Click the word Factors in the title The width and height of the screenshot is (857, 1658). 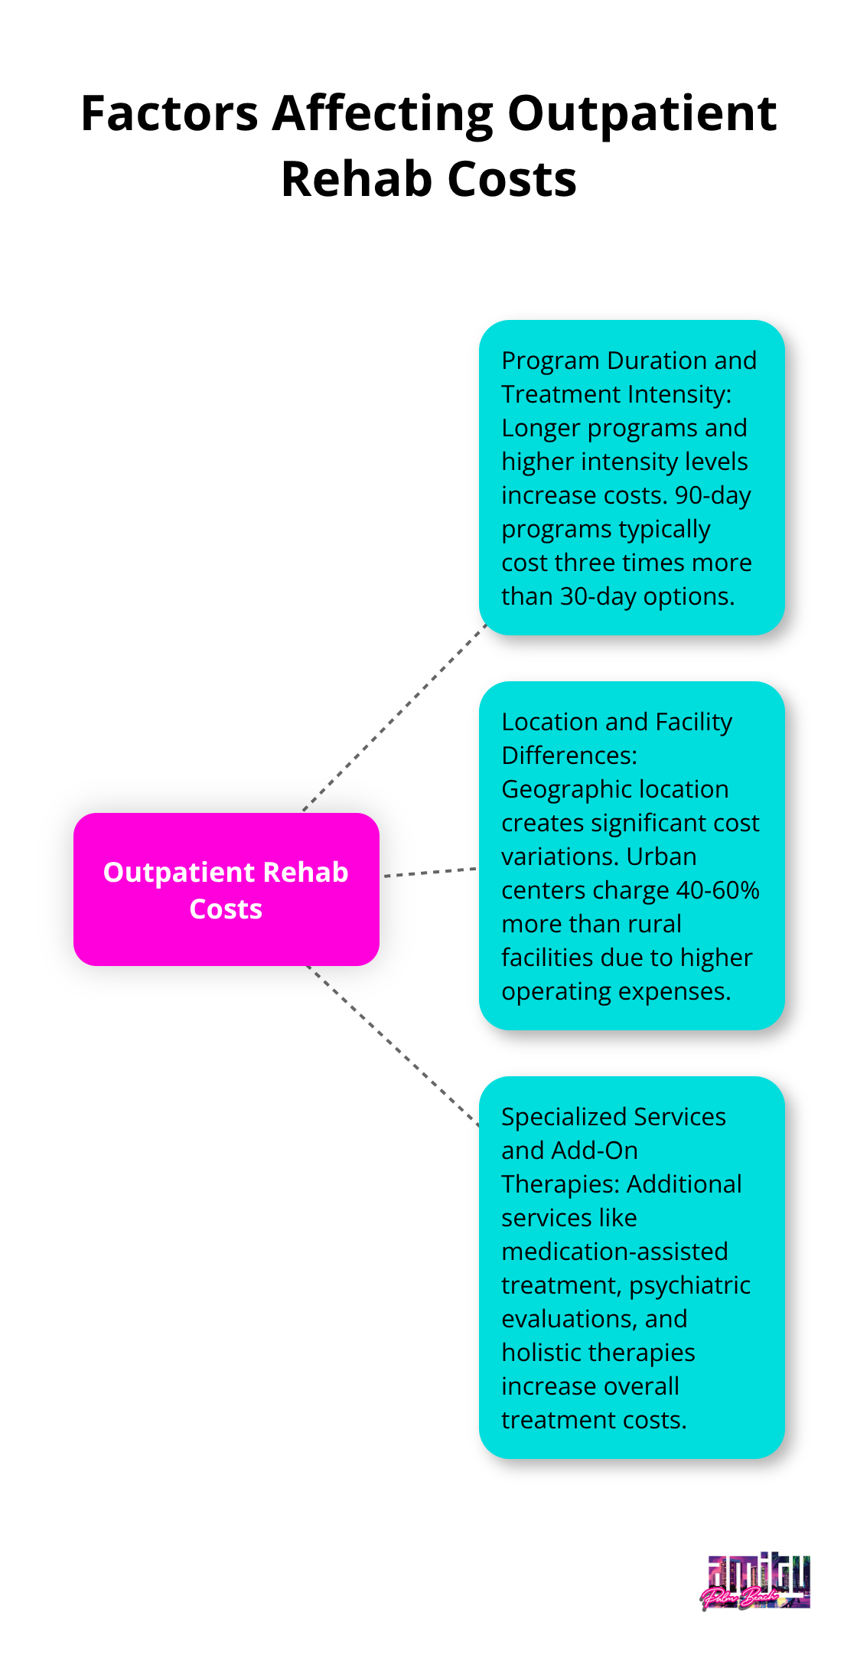169,114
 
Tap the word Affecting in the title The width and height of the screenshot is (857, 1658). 383,114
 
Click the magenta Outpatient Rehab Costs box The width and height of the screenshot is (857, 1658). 226,889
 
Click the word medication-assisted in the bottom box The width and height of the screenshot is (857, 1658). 614,1252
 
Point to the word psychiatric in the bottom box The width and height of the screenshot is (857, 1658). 689,1285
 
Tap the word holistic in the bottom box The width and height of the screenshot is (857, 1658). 539,1353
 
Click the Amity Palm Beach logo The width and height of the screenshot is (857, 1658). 756,1582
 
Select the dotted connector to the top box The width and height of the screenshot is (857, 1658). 395,718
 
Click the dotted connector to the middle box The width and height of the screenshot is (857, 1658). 430,872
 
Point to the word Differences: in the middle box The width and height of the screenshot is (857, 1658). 569,756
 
